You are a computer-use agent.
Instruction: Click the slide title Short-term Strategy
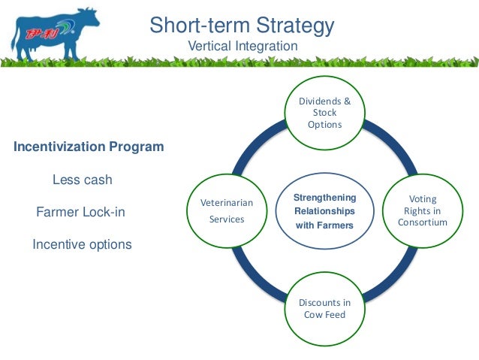241,25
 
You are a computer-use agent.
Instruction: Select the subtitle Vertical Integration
242,47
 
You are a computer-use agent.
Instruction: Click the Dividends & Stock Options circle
324,113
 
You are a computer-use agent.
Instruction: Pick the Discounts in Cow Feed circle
324,308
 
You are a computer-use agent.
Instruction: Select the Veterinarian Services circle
227,211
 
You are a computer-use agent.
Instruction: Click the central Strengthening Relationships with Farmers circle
324,211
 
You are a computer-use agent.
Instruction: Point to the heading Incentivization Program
89,147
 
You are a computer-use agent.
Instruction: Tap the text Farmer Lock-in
81,213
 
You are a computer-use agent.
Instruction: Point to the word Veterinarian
227,203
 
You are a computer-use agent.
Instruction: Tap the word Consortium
422,222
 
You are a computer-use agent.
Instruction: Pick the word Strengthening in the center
324,198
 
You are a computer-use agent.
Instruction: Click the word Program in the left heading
136,147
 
